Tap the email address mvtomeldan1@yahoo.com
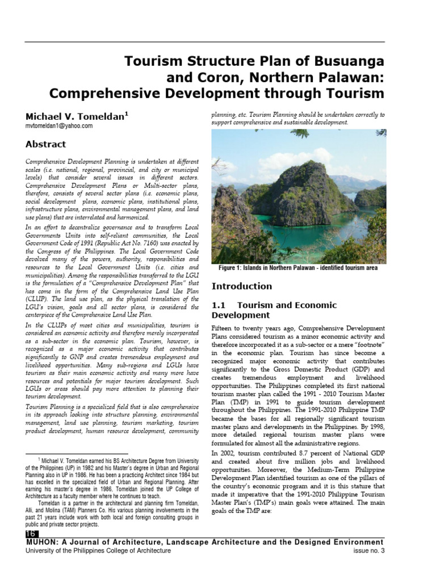(x=59, y=127)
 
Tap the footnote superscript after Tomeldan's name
(x=127, y=112)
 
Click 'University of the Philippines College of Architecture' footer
(x=98, y=551)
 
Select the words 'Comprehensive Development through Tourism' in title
(x=216, y=93)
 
